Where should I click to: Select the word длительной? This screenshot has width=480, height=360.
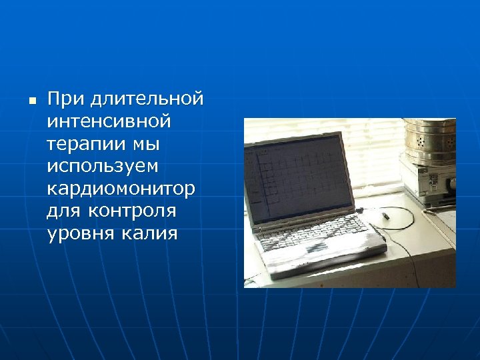[x=147, y=99]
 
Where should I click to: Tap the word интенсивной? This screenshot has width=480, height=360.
[x=109, y=122]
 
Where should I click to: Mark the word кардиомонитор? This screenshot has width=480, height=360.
[x=121, y=189]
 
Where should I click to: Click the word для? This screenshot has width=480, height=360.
[x=65, y=211]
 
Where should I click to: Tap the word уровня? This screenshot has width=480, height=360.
[x=81, y=234]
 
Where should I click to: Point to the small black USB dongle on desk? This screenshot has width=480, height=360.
[x=385, y=217]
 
